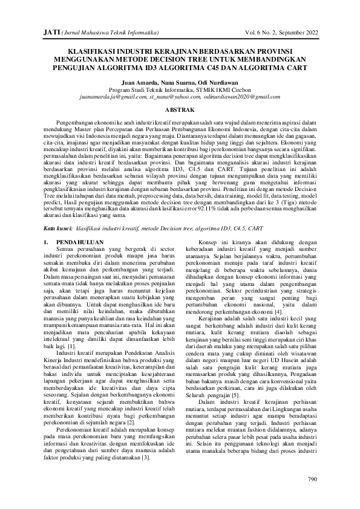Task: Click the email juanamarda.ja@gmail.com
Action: pos(113,96)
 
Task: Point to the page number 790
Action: pos(312,479)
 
